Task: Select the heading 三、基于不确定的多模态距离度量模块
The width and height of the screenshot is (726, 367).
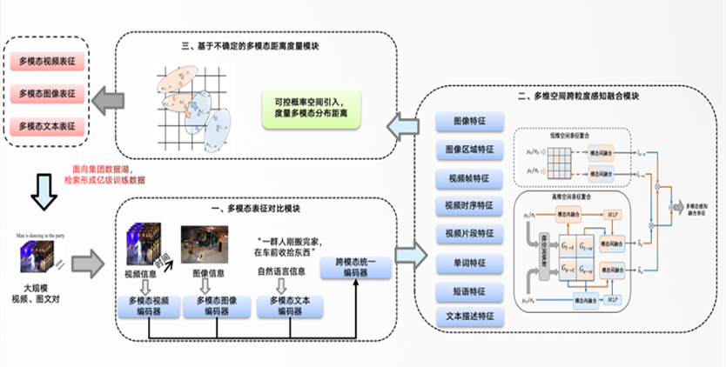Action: tap(256, 46)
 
